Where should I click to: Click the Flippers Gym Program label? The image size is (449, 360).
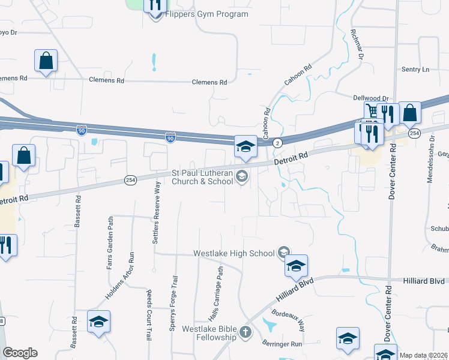click(x=206, y=14)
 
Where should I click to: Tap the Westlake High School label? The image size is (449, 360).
click(x=234, y=253)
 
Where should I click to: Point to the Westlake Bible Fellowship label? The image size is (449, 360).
click(x=209, y=333)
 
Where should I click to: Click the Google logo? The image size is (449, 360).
click(x=20, y=353)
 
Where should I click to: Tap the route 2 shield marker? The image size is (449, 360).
click(x=277, y=143)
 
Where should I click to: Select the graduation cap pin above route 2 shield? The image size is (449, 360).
click(x=246, y=146)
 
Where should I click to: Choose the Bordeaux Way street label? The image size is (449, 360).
click(x=288, y=320)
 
